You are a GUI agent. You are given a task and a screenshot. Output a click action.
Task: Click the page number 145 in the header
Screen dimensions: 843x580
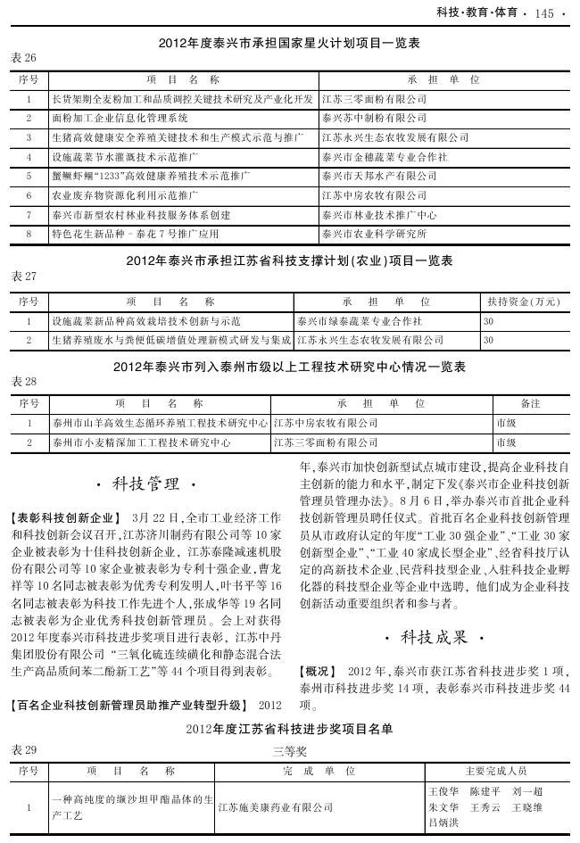pos(543,12)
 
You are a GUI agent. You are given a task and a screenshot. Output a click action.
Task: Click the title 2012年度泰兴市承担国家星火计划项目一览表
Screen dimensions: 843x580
pos(289,42)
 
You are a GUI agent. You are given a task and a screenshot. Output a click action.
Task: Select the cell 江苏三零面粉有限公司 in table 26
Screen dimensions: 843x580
pos(374,98)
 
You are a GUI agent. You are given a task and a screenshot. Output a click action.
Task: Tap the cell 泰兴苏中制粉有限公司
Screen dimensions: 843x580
pos(374,118)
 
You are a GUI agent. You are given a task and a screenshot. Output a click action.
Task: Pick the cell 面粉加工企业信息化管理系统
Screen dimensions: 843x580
pos(120,118)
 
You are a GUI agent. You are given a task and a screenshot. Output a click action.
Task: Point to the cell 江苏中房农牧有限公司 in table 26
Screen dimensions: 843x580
pos(374,195)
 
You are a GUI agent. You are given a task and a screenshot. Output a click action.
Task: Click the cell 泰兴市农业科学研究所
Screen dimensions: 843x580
pos(374,235)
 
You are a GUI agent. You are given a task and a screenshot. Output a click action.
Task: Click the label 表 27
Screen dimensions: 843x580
pos(24,277)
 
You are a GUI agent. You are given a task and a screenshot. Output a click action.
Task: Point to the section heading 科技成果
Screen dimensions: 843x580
pos(434,638)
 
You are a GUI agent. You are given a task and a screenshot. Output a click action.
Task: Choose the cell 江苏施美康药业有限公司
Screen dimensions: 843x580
pos(276,807)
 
